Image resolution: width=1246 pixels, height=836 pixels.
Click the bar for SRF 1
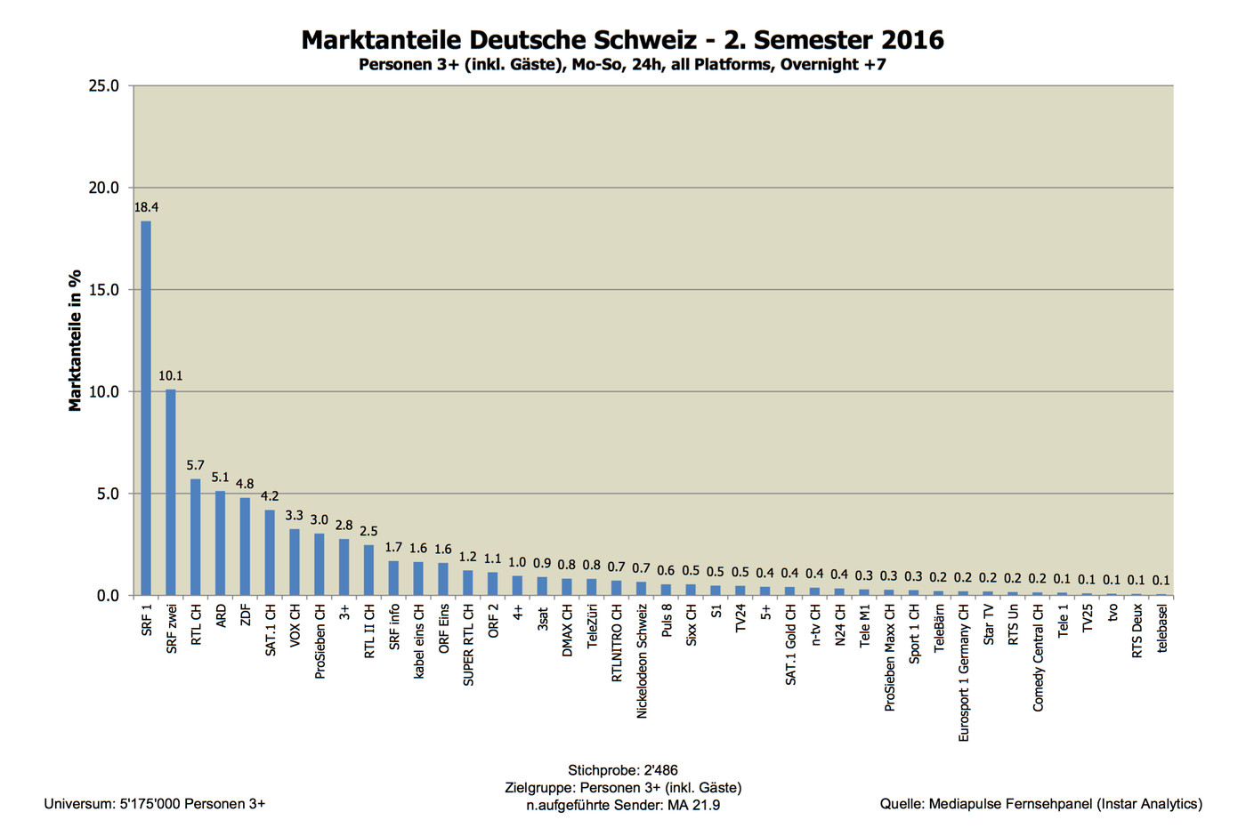[146, 409]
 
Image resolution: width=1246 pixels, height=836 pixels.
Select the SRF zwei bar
[171, 493]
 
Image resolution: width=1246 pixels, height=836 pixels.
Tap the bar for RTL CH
[196, 537]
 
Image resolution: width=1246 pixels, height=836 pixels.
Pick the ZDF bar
[245, 546]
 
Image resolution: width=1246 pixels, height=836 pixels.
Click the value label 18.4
[146, 207]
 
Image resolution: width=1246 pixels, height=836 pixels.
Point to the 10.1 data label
[171, 376]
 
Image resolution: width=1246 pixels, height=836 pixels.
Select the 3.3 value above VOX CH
[295, 516]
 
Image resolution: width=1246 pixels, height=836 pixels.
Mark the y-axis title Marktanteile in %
[76, 341]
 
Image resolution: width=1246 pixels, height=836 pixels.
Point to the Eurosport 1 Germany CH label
[964, 673]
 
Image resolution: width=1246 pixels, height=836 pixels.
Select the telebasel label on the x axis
[1162, 629]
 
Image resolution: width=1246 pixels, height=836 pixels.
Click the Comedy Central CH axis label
[1038, 658]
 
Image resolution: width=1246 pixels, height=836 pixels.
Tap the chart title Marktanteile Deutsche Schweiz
[622, 40]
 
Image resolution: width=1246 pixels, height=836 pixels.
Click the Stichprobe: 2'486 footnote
[622, 770]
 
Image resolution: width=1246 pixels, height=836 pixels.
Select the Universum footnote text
[155, 804]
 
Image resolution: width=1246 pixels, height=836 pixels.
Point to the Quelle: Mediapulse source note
[1040, 804]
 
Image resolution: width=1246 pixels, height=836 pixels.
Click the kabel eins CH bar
[418, 578]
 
